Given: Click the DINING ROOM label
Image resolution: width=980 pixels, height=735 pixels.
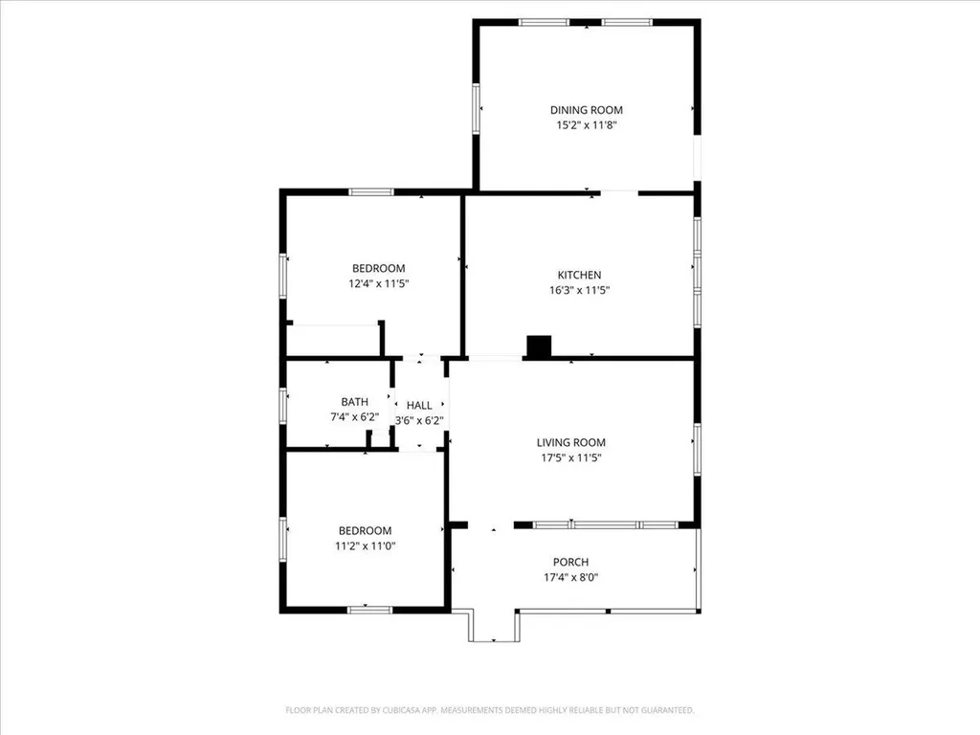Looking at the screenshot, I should pos(586,110).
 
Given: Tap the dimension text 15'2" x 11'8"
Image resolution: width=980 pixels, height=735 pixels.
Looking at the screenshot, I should pos(586,125).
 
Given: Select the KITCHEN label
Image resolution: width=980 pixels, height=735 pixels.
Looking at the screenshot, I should pos(579,275).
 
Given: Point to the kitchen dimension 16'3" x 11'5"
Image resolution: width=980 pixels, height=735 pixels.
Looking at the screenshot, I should pos(579,290).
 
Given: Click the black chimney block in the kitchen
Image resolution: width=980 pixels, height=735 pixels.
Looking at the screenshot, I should pos(540,346).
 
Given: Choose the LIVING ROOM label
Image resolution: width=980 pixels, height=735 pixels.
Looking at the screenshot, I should pos(571,442).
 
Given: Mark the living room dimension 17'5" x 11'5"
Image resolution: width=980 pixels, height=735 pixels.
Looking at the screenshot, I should pos(571,457).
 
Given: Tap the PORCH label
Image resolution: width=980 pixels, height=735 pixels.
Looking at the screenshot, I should pos(570,562).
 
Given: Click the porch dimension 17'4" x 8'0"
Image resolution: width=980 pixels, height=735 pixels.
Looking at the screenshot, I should pos(570,577).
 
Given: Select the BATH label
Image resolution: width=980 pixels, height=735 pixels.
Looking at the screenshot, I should pos(354,402).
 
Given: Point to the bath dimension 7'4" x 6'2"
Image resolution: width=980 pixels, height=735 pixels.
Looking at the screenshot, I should pos(354,417).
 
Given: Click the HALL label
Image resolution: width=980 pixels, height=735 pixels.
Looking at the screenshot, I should pos(419,406).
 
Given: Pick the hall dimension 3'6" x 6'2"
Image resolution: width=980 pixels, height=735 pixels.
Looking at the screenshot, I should pos(419,420).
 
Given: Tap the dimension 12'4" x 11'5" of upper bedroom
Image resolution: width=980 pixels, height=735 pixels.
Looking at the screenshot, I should pos(378,283).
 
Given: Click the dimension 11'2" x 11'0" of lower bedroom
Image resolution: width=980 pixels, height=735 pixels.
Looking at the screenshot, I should pos(365,546).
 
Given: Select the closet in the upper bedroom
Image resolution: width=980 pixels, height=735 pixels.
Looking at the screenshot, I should pos(333,341).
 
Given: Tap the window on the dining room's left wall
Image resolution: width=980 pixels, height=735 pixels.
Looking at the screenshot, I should pos(476,107).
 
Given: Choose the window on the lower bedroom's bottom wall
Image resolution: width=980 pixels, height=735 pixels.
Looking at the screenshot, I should pos(369,608).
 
